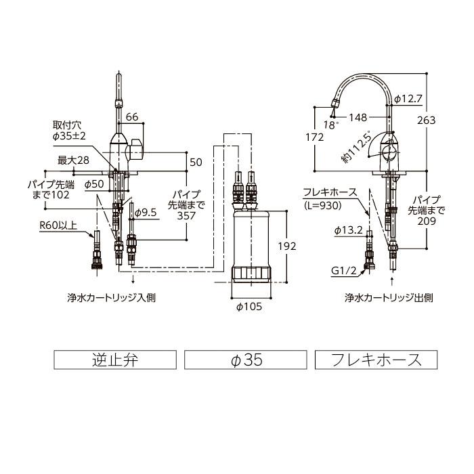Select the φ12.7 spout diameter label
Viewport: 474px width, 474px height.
(409, 99)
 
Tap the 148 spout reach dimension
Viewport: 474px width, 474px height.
(358, 117)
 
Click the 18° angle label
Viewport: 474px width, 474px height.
(330, 125)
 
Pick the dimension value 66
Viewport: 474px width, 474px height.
(132, 117)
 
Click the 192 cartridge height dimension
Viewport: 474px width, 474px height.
(287, 246)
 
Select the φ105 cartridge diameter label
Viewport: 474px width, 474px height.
(249, 306)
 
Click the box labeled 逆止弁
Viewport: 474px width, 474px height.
(114, 360)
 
